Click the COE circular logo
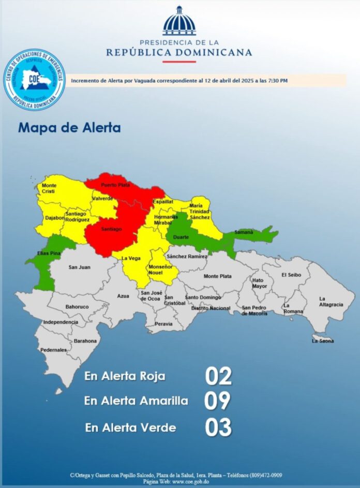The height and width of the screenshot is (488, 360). click(x=34, y=79)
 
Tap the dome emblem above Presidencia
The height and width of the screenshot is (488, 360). click(x=179, y=22)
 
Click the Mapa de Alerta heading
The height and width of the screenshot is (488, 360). click(x=69, y=127)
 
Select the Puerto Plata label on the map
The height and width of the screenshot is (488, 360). click(x=115, y=185)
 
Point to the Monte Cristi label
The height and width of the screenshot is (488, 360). click(x=50, y=188)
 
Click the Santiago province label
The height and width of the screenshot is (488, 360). click(x=111, y=229)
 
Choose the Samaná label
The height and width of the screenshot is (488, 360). click(x=244, y=232)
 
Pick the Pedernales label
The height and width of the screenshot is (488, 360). click(x=54, y=350)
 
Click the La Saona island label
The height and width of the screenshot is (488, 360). click(x=323, y=341)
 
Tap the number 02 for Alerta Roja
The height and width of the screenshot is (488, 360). click(x=218, y=376)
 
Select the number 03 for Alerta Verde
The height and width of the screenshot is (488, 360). click(x=218, y=428)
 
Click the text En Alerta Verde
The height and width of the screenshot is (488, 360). click(x=131, y=428)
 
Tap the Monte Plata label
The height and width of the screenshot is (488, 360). click(x=218, y=276)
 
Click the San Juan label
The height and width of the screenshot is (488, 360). click(x=80, y=267)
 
